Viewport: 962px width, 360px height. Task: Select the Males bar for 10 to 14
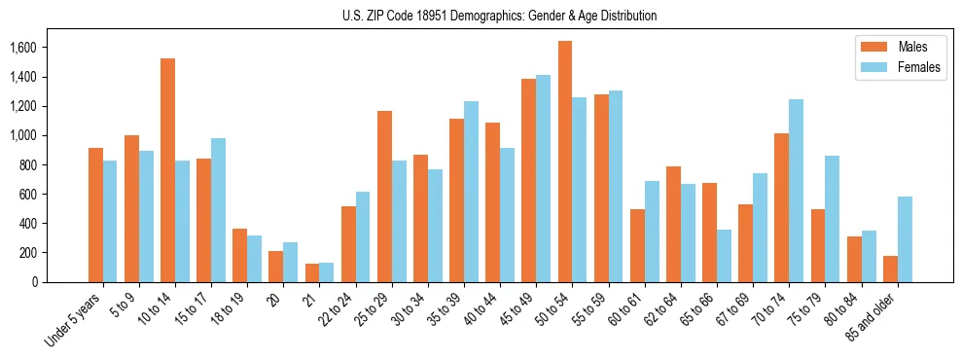pos(168,170)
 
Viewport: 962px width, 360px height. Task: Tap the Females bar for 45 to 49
pos(544,178)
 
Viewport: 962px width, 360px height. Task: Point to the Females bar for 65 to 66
pos(725,256)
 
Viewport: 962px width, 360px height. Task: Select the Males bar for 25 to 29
pos(384,197)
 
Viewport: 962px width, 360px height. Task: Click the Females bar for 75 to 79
pos(833,219)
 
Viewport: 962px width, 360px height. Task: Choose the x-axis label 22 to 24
pos(344,310)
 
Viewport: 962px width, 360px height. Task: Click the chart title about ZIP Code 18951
pos(500,16)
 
